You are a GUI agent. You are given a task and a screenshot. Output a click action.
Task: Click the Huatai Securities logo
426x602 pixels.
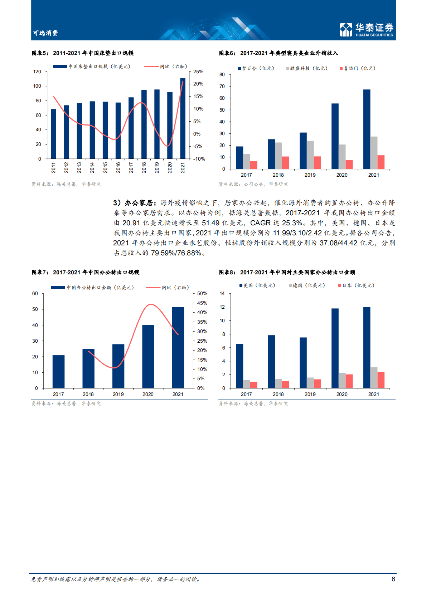pos(366,29)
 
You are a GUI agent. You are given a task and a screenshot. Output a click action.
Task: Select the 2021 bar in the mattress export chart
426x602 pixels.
pos(183,118)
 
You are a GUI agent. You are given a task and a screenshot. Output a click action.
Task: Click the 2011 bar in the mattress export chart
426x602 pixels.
pos(54,134)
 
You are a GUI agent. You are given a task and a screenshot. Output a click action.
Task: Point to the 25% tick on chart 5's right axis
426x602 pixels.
pos(198,72)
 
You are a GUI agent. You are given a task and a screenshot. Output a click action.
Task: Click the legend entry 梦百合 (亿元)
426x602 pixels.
pos(256,68)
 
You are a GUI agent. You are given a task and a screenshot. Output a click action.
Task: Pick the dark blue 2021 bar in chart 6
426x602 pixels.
pos(367,129)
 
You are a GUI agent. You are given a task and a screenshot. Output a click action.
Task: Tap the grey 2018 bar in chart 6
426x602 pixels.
pos(278,156)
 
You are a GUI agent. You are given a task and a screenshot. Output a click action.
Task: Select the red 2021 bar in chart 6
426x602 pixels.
pos(381,162)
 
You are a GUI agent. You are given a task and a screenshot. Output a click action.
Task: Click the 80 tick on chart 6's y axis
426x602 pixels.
pos(222,74)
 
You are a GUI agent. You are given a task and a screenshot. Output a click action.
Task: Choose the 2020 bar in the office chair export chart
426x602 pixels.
pos(148,356)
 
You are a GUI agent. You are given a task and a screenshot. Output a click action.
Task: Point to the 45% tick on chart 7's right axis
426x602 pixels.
pos(202,303)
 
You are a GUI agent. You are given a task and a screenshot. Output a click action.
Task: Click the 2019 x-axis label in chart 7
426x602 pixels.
pos(118,394)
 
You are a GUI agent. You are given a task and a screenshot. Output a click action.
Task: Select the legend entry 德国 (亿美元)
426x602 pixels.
pos(307,285)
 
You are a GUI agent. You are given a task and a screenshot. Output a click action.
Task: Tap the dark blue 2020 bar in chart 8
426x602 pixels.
pos(335,348)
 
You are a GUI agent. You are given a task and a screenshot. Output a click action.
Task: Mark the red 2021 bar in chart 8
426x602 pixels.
pos(381,380)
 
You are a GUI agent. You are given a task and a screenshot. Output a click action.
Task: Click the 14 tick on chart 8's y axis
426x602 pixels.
pos(222,293)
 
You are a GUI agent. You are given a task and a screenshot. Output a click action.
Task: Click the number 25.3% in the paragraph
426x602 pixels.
pos(292,223)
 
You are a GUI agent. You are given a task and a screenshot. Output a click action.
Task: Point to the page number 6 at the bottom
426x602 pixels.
pos(393,579)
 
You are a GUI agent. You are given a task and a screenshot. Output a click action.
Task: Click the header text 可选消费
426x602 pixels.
pos(45,33)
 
